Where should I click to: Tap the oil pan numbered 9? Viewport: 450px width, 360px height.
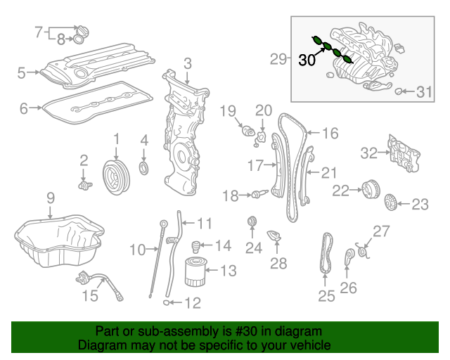coord(60,243)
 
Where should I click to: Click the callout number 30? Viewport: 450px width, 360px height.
coord(307,60)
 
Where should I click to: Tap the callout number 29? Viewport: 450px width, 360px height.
coord(279,60)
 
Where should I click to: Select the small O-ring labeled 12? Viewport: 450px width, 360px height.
coord(166,303)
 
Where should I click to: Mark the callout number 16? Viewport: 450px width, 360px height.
coord(330,132)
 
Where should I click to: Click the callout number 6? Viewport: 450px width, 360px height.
coord(24,108)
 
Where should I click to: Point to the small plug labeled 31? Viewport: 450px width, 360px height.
coord(399,91)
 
